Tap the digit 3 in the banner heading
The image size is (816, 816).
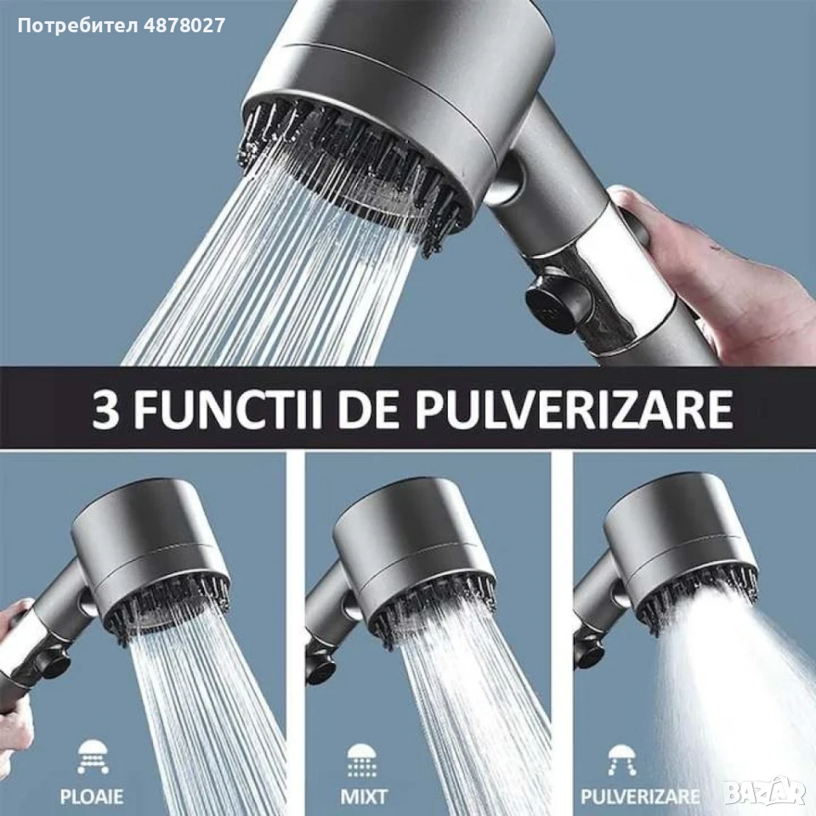pos(105,409)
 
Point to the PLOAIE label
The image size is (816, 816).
pos(92,796)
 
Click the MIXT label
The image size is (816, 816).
pos(363,796)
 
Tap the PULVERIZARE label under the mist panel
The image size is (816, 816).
pos(639,796)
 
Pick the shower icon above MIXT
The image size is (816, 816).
pos(362,760)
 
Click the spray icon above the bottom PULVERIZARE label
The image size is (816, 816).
pos(621,760)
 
